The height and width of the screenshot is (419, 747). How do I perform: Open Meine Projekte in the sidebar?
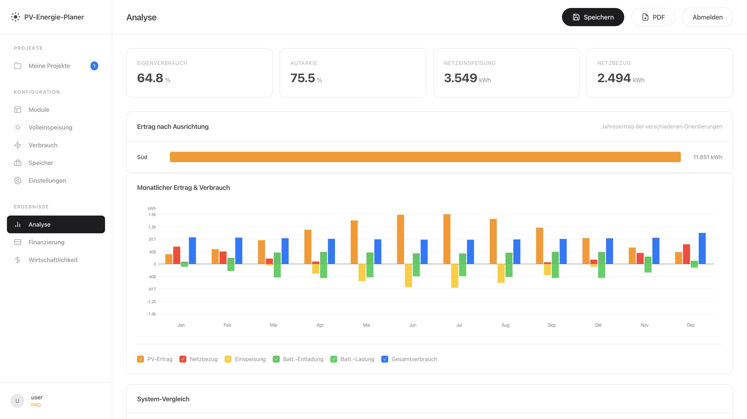click(49, 66)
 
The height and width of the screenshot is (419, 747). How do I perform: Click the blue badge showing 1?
click(94, 66)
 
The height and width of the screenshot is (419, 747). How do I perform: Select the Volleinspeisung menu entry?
click(50, 127)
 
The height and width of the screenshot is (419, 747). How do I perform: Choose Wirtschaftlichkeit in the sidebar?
click(53, 260)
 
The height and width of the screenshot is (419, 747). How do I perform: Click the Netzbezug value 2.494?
click(614, 78)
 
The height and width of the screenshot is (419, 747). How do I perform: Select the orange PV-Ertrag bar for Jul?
click(447, 239)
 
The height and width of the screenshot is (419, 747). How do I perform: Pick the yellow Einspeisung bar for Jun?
click(408, 275)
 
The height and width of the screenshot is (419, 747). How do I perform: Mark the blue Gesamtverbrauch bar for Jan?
click(192, 251)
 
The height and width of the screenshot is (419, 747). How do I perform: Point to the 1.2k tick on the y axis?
click(152, 227)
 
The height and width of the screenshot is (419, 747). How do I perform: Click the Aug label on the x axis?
click(505, 325)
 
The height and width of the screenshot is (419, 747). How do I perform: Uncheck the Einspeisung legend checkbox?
click(228, 359)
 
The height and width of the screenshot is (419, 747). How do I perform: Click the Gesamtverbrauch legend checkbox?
click(385, 359)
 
